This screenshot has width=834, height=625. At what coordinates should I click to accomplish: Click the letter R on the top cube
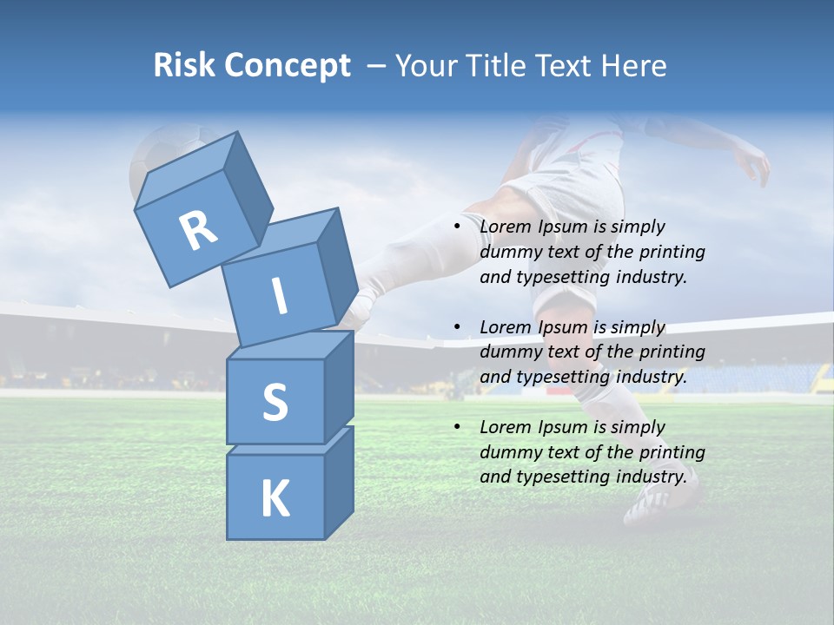198,231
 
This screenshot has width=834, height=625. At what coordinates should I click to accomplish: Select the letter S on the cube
275,402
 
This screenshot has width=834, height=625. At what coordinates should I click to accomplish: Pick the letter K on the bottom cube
275,498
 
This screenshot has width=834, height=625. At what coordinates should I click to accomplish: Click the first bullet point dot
457,227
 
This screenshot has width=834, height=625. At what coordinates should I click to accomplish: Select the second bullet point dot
457,327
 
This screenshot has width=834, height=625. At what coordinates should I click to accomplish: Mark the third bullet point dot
457,427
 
